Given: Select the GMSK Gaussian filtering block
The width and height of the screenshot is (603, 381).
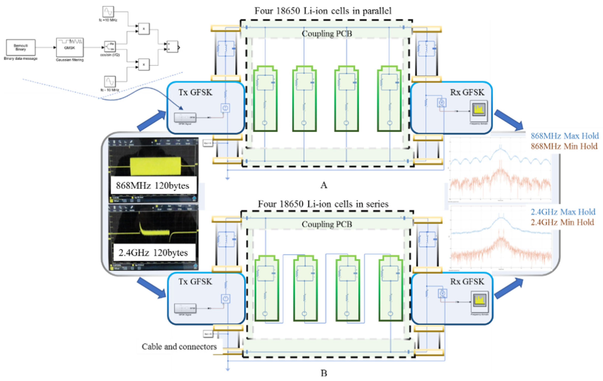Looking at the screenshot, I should point(70,47).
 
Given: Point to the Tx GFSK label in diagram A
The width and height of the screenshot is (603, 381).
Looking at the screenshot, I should point(195,92).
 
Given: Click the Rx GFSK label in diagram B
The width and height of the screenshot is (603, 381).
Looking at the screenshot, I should point(467,282).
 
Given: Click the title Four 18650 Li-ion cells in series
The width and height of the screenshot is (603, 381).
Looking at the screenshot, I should point(323,204).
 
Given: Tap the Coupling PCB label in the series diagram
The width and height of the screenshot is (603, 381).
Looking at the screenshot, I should point(327,224).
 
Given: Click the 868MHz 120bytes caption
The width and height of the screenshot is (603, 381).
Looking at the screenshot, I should point(153,186).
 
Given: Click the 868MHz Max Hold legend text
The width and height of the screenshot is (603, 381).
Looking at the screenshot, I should point(564,136).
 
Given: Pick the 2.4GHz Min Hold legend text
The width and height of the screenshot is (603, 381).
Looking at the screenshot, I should point(562,222).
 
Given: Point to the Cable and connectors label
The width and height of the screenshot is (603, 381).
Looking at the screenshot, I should point(179,347).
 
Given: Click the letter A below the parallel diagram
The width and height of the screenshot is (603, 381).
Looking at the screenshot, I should point(324,185).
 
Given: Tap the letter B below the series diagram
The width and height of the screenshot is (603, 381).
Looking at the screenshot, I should point(324,373).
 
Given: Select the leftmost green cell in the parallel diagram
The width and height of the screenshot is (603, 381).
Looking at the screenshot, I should point(265,99).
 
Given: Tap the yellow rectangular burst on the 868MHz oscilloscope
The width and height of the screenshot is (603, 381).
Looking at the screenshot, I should point(155,166).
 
